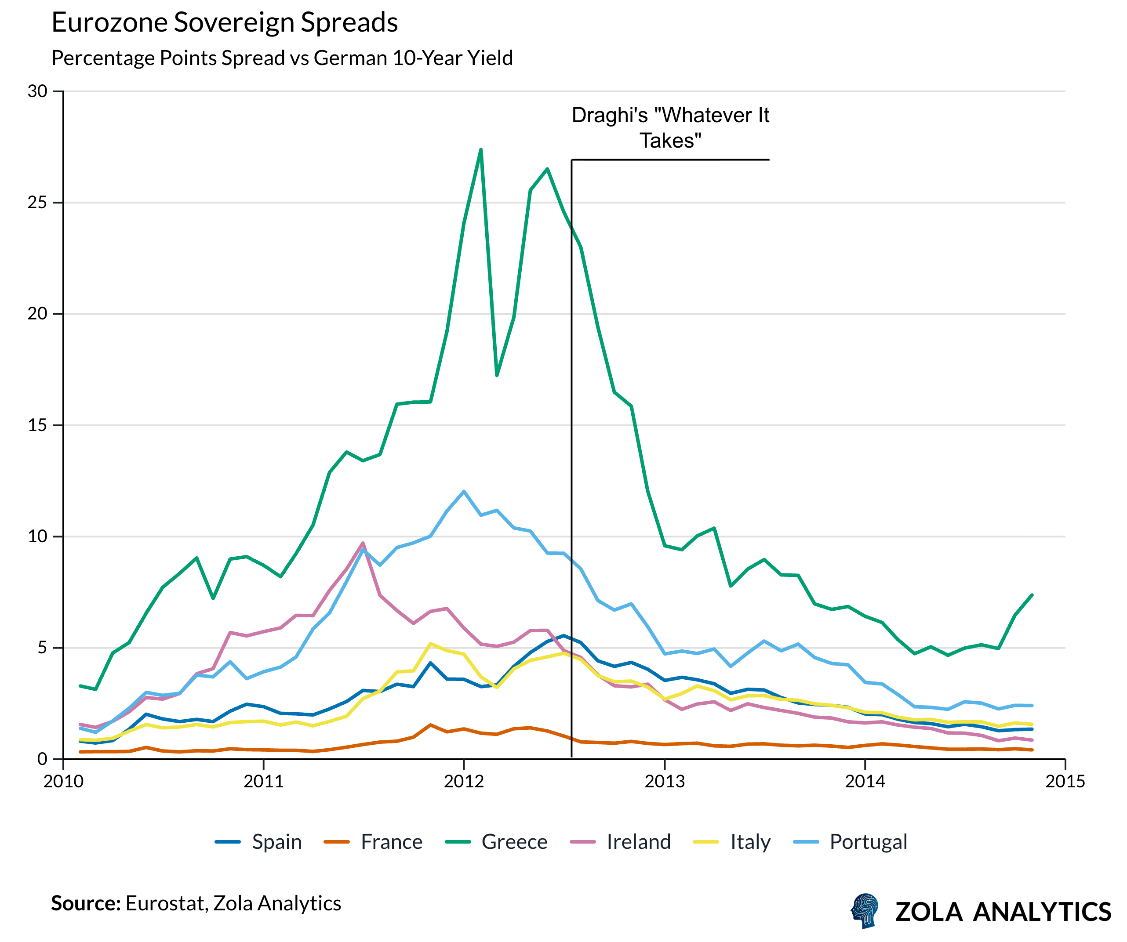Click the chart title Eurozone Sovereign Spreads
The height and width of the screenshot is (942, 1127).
coord(224,22)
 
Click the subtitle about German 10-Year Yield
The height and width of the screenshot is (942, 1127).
coord(282,58)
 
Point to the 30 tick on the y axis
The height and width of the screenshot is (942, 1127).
coord(37,91)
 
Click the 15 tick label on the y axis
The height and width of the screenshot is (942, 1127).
coord(37,425)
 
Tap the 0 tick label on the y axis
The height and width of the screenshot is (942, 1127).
coord(42,759)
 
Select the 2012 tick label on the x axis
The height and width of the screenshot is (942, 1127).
coord(464,781)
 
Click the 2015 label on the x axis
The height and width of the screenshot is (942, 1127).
coord(1065,781)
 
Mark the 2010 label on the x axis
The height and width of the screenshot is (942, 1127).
coord(63,781)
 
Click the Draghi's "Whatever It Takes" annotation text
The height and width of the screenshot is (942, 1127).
coord(670,128)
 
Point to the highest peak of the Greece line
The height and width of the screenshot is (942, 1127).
coord(481,150)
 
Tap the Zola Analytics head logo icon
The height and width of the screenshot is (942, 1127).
coord(865,911)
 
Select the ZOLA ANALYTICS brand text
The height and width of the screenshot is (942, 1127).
coord(1003,912)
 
